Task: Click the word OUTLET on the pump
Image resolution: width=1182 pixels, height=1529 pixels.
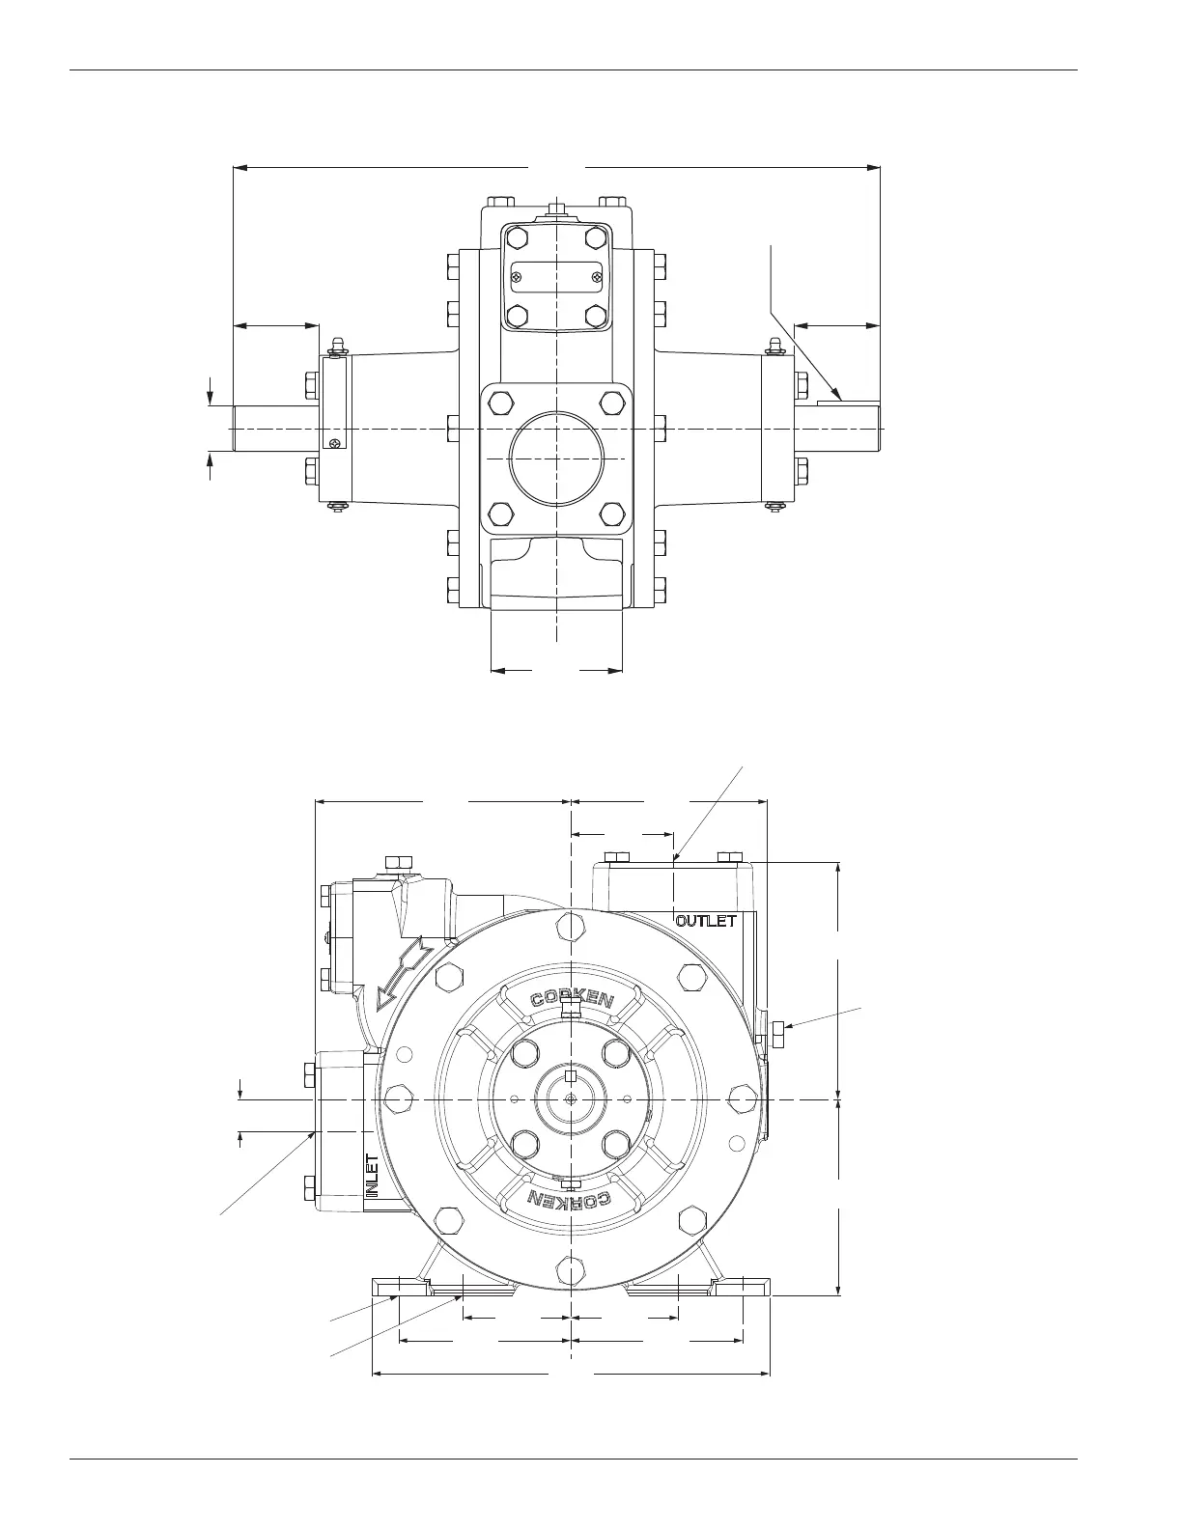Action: (706, 921)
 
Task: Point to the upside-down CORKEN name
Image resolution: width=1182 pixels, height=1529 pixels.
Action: (571, 1200)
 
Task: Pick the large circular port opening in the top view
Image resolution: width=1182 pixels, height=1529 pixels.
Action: (557, 458)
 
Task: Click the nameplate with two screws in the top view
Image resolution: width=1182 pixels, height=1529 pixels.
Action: (556, 276)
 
